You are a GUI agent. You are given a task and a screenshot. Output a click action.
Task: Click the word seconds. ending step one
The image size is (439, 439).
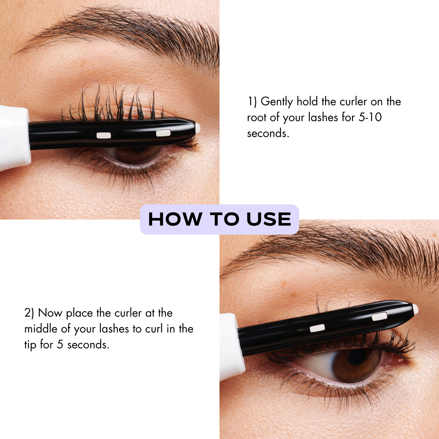tap(268, 133)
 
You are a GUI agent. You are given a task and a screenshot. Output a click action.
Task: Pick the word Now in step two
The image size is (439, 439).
tap(51, 313)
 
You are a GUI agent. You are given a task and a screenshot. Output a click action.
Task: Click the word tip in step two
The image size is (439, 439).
tap(30, 345)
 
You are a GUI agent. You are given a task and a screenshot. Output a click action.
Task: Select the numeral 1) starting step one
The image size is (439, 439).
tap(252, 101)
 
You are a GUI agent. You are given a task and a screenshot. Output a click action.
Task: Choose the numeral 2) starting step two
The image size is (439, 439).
tap(29, 313)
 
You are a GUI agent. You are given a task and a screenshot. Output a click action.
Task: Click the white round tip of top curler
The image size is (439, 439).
tap(198, 128)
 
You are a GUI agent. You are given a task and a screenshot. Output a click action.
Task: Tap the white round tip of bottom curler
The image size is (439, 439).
tap(415, 309)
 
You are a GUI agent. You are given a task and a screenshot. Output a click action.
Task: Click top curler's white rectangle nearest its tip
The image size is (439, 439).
tap(163, 133)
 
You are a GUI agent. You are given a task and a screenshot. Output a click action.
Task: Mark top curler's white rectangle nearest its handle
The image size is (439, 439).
tap(104, 135)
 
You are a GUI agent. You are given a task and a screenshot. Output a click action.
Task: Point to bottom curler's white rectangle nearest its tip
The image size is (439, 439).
tap(379, 316)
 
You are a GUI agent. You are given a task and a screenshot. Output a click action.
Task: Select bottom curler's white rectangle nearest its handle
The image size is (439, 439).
tap(317, 328)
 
